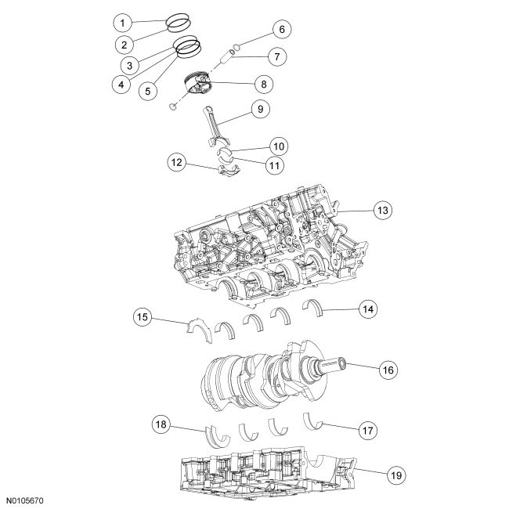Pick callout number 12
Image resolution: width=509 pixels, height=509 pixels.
coord(177,163)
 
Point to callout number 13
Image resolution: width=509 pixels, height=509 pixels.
coord(381,211)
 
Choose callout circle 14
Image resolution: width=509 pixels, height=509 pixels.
coord(365,309)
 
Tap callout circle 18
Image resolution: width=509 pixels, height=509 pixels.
coord(161,424)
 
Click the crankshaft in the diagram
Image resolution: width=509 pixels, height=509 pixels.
coord(258,372)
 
